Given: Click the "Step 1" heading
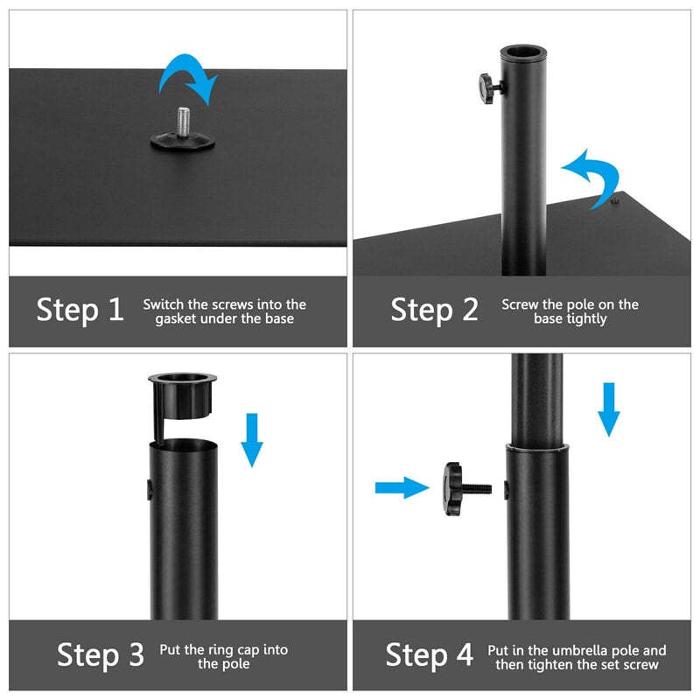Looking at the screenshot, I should (x=80, y=310).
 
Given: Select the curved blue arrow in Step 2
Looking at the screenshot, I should (x=589, y=176).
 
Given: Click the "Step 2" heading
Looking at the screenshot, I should (x=434, y=310).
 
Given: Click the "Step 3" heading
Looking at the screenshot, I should (x=100, y=654).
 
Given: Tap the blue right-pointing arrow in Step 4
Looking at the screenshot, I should (x=402, y=487).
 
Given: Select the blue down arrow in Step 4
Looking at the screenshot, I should (x=609, y=408).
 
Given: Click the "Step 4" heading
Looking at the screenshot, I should (x=429, y=654).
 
